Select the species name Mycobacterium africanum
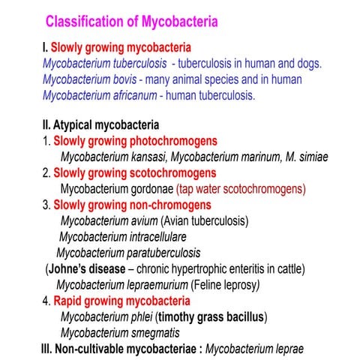(x=102, y=95)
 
